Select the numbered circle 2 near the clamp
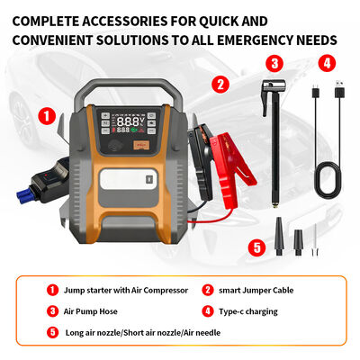coord(220,85)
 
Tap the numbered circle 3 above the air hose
coord(275,63)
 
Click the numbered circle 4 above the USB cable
coord(327,63)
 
